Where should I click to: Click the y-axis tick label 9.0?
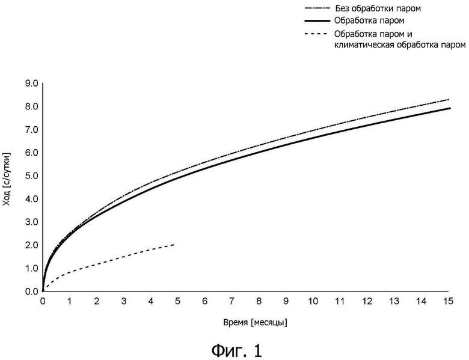[31, 84]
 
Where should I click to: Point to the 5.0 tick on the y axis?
[31, 176]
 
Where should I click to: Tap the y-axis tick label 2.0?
[31, 245]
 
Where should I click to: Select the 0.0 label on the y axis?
[31, 291]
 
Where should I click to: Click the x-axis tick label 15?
[447, 300]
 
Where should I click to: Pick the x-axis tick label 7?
[231, 300]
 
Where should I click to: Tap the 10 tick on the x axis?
[312, 300]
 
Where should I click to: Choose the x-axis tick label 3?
[123, 300]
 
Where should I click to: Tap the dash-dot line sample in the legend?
[317, 9]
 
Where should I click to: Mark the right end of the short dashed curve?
[175, 244]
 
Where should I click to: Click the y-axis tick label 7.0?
[31, 130]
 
